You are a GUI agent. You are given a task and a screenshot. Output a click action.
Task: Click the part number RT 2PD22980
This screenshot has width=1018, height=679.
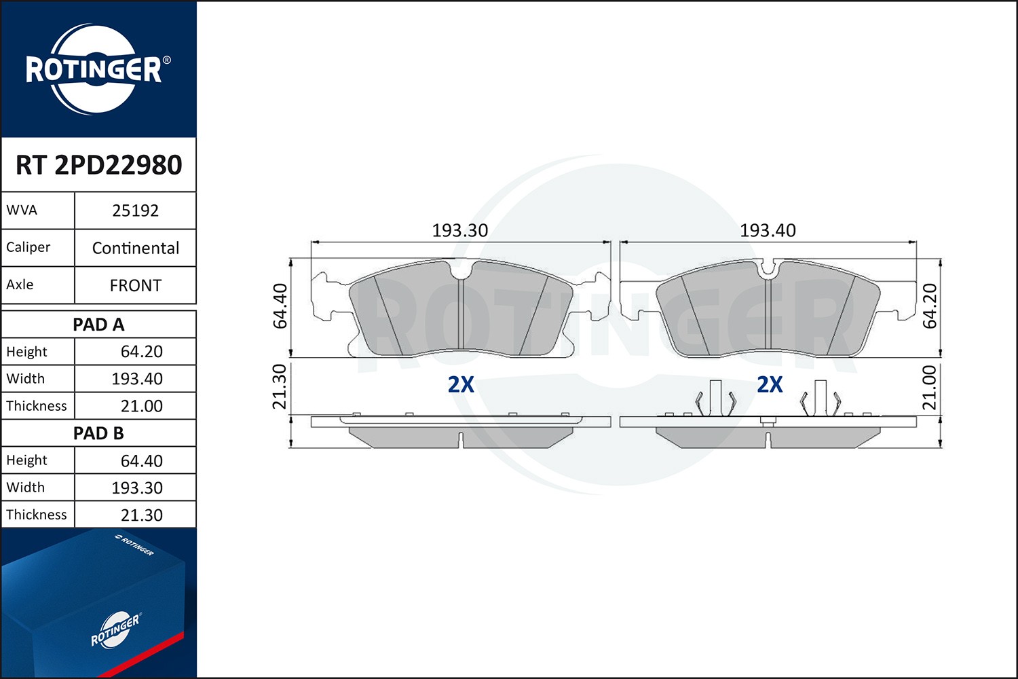(x=98, y=165)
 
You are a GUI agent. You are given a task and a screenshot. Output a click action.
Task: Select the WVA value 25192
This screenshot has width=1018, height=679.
(x=135, y=210)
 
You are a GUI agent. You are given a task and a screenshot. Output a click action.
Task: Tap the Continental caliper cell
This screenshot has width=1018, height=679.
(x=135, y=248)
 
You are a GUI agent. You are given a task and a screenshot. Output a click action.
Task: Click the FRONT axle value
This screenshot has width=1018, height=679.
(x=135, y=285)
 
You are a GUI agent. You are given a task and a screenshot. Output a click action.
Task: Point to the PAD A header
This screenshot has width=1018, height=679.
(x=98, y=325)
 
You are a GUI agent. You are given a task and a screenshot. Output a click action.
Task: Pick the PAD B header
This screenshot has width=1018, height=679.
(x=98, y=433)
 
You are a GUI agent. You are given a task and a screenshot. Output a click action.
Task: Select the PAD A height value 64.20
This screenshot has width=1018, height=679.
(x=141, y=352)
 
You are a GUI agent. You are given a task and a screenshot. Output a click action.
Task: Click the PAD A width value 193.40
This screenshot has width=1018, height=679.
(x=137, y=379)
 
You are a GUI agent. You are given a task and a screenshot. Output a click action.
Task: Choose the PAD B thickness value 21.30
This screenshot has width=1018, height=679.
(x=141, y=515)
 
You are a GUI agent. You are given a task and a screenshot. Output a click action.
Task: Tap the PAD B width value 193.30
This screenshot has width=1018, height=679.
(x=137, y=488)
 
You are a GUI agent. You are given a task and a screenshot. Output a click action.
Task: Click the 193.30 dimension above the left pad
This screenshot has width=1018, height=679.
(x=460, y=231)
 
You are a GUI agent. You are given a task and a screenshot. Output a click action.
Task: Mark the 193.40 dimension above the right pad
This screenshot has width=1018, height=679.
(x=768, y=231)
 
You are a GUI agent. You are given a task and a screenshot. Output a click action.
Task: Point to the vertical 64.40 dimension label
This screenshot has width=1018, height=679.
(x=280, y=306)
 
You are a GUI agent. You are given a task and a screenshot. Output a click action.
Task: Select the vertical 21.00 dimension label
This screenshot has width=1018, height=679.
(x=930, y=388)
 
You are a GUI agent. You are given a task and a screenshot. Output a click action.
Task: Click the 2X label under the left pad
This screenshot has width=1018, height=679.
(x=461, y=385)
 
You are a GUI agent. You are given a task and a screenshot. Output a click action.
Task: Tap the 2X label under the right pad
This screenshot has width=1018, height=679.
(x=770, y=385)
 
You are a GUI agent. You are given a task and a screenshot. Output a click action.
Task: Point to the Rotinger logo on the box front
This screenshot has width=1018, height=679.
(x=115, y=630)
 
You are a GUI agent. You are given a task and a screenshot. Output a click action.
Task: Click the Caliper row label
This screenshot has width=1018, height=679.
(x=29, y=247)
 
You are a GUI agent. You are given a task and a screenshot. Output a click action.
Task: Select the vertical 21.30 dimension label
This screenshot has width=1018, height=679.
(x=280, y=386)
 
